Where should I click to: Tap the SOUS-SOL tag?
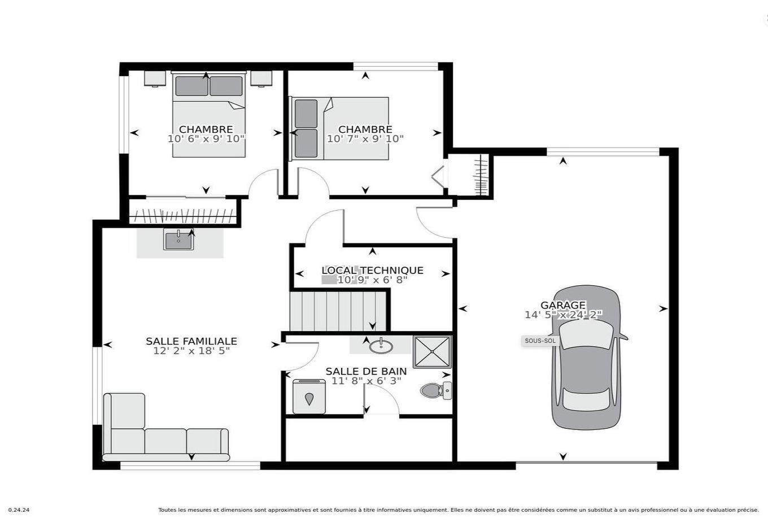pyautogui.click(x=540, y=341)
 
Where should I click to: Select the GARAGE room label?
pyautogui.click(x=563, y=305)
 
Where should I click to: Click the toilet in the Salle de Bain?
pyautogui.click(x=435, y=390)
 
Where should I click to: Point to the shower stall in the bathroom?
pyautogui.click(x=432, y=352)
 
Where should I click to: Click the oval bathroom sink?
pyautogui.click(x=381, y=345)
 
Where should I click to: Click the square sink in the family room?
pyautogui.click(x=178, y=240)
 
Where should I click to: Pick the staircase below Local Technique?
pyautogui.click(x=337, y=311)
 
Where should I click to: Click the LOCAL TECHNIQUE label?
pyautogui.click(x=372, y=271)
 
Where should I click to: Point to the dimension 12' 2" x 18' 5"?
pyautogui.click(x=191, y=351)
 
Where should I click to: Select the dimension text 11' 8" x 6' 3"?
pyautogui.click(x=366, y=381)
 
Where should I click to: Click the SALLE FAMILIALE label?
pyautogui.click(x=191, y=341)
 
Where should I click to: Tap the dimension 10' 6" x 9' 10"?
pyautogui.click(x=206, y=139)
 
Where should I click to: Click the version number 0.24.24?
pyautogui.click(x=19, y=510)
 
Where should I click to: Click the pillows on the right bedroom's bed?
pyautogui.click(x=306, y=129)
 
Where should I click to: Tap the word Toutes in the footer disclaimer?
pyautogui.click(x=167, y=510)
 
